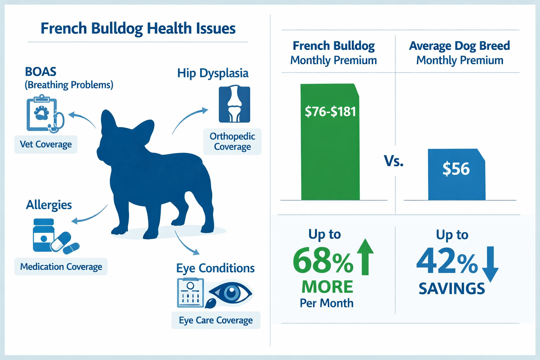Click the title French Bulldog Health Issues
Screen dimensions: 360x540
coord(138,28)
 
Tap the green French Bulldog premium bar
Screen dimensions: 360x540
coord(330,158)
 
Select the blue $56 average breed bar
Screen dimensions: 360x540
coord(456,183)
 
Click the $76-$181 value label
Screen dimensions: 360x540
coord(330,111)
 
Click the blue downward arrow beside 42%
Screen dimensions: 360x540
coord(490,264)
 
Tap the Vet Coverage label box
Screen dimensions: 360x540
coord(46,144)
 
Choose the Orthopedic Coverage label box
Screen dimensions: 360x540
coord(232,141)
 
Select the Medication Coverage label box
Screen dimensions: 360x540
coord(61,267)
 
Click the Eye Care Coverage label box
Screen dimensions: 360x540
coord(216,320)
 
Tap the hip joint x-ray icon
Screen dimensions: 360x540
coord(234,104)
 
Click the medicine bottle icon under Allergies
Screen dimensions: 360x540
coord(44,235)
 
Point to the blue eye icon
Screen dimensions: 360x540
coord(231,292)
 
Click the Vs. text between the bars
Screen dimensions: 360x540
coord(393,161)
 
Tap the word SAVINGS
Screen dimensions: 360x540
coord(452,289)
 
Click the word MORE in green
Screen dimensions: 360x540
coord(327,287)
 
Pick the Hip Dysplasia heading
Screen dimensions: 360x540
coord(213,73)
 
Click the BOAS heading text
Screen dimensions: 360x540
coord(40,72)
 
